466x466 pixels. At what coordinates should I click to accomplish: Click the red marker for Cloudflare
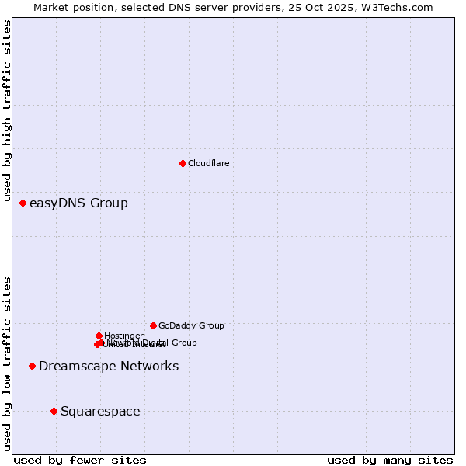183,163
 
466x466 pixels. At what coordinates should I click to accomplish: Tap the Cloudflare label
208,163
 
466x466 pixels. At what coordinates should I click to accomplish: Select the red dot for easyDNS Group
23,203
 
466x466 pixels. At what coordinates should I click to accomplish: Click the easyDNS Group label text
78,203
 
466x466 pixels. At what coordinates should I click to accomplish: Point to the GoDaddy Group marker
153,325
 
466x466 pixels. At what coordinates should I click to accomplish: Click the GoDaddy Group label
191,326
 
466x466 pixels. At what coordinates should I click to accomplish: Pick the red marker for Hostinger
99,336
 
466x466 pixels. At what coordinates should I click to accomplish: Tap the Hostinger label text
123,336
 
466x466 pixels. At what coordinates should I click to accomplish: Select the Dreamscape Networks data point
32,366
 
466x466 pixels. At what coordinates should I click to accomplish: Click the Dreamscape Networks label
109,367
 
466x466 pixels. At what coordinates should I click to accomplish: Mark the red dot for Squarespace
54,411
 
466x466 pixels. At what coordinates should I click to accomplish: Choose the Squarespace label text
100,412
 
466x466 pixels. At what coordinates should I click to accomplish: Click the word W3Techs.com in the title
401,8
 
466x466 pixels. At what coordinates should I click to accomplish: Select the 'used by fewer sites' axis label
80,460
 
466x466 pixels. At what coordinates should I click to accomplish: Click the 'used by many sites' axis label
390,460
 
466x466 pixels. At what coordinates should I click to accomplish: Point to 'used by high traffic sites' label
8,111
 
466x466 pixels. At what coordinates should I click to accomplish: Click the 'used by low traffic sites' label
8,362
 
